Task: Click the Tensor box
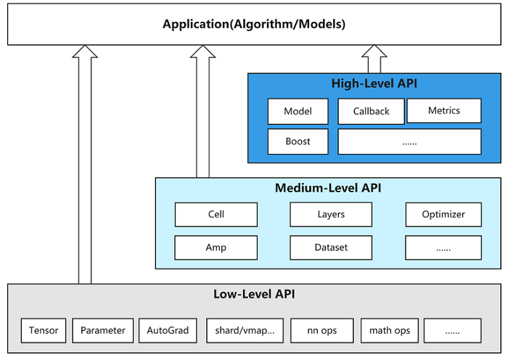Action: pyautogui.click(x=44, y=330)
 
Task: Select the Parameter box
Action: pyautogui.click(x=103, y=330)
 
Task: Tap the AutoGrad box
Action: pyautogui.click(x=168, y=330)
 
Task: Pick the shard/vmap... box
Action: pyautogui.click(x=245, y=330)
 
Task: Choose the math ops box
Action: pyautogui.click(x=390, y=330)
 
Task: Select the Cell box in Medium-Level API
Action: pyautogui.click(x=216, y=215)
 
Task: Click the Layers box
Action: pyautogui.click(x=331, y=215)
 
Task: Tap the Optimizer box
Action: pyautogui.click(x=443, y=215)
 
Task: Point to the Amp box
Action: pyautogui.click(x=216, y=247)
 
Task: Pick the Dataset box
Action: pyautogui.click(x=331, y=247)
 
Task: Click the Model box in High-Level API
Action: pyautogui.click(x=298, y=111)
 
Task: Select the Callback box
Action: pyautogui.click(x=371, y=111)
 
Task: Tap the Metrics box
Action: pyautogui.click(x=444, y=110)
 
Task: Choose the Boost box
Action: pyautogui.click(x=298, y=142)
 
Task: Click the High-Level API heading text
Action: pyautogui.click(x=374, y=83)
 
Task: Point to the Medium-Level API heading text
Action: pyautogui.click(x=328, y=188)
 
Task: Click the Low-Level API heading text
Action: pyautogui.click(x=254, y=294)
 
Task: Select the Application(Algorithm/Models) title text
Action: pyautogui.click(x=254, y=24)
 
